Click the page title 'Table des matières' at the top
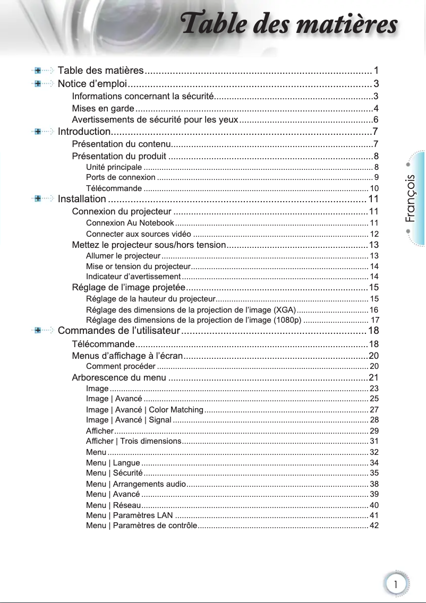click(289, 25)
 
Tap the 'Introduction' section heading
click(84, 131)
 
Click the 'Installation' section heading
click(82, 199)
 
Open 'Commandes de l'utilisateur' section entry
click(118, 331)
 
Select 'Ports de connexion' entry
click(121, 177)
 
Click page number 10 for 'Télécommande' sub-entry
click(374, 188)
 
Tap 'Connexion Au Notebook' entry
click(130, 222)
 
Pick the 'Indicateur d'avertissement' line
click(133, 277)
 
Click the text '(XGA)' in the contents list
click(284, 309)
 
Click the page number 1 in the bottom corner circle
click(395, 583)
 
